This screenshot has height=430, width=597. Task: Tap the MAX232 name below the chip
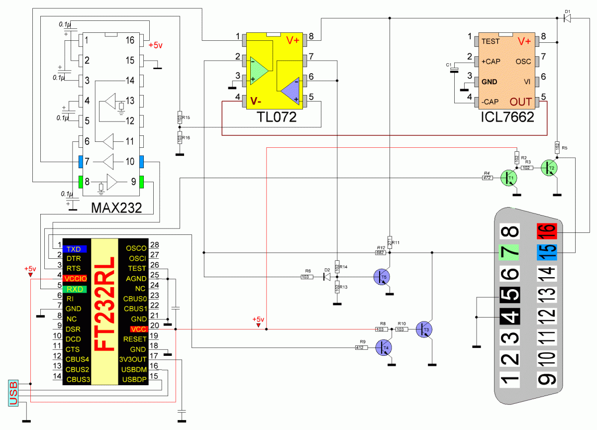click(116, 208)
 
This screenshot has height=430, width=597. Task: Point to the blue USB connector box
click(13, 393)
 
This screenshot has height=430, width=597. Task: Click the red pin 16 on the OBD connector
click(547, 231)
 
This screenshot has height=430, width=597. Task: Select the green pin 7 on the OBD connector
click(509, 252)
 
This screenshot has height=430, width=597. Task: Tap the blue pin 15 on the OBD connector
click(547, 252)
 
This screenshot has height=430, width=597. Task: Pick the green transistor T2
click(550, 168)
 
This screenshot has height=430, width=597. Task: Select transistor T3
click(424, 329)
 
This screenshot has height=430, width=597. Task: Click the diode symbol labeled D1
click(567, 18)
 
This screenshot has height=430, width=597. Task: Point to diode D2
click(327, 277)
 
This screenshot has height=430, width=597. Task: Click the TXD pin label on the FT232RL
click(75, 249)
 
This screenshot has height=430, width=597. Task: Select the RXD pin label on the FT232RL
click(75, 289)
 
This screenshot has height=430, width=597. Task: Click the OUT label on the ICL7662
click(521, 102)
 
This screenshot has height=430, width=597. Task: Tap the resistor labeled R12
click(381, 253)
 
